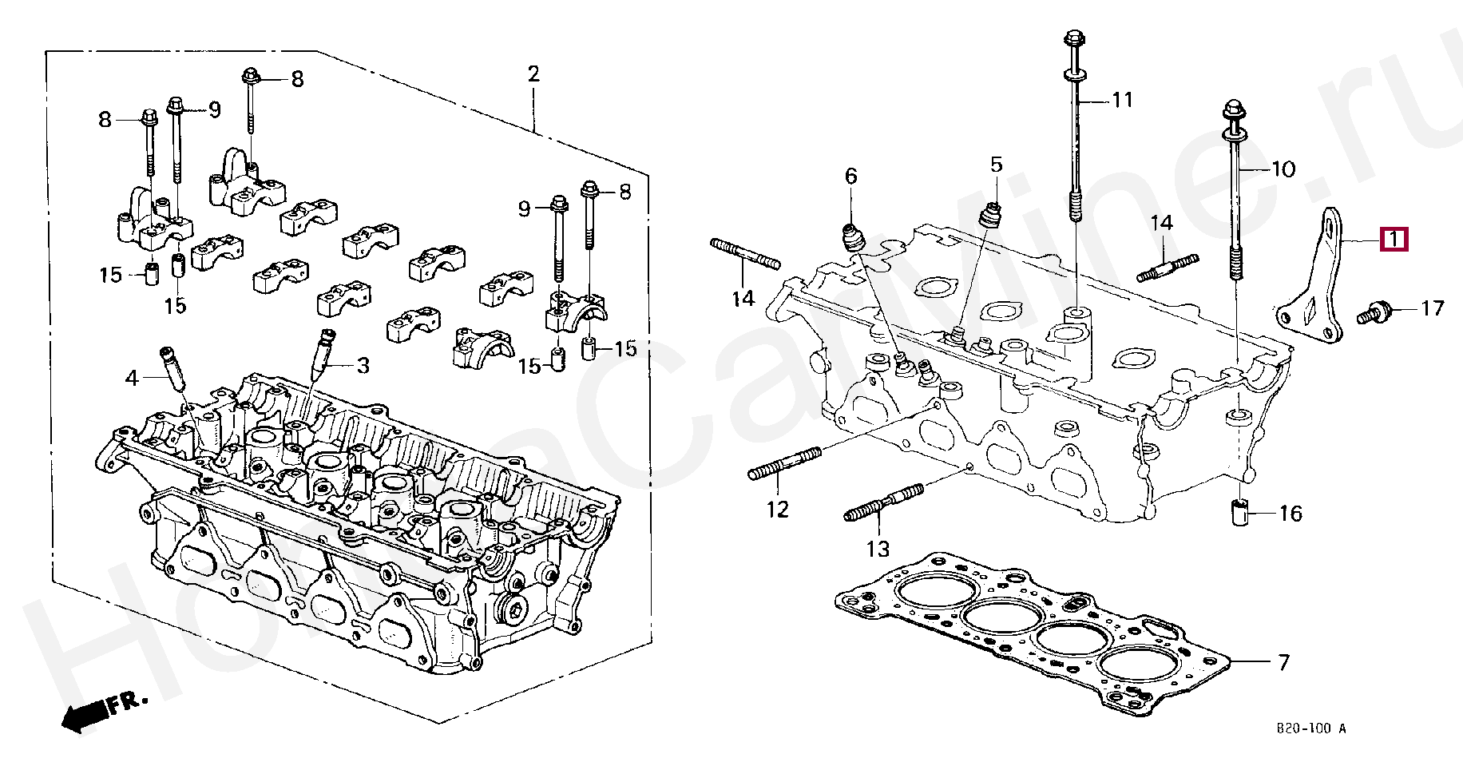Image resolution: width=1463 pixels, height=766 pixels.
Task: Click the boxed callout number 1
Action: [x=1394, y=240]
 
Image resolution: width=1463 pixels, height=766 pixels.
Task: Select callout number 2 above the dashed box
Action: [x=533, y=75]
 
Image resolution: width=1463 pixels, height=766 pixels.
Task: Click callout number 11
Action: [x=1122, y=100]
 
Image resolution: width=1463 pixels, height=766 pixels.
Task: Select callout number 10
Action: [x=1283, y=169]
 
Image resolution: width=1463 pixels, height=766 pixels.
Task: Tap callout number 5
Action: [x=996, y=165]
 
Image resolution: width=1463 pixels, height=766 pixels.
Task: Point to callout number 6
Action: [x=850, y=176]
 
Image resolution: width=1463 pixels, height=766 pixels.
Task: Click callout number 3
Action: [x=363, y=366]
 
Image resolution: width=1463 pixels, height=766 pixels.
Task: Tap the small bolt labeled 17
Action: [x=1374, y=313]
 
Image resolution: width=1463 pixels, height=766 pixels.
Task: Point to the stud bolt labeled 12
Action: [x=785, y=463]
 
